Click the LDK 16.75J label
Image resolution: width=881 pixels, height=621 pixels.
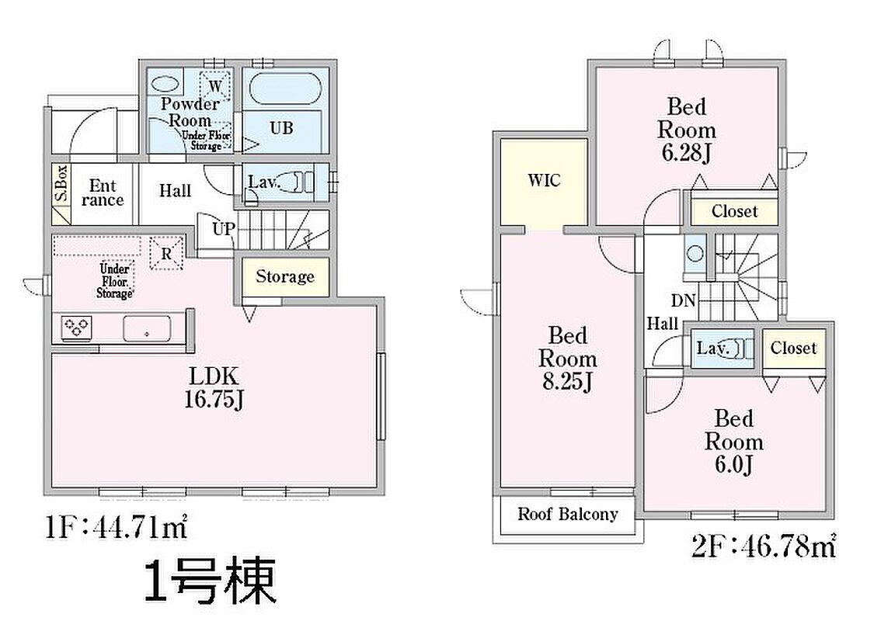(x=214, y=387)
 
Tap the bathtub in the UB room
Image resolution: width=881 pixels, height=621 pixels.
(x=285, y=88)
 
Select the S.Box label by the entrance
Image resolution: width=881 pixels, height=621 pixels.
(x=61, y=183)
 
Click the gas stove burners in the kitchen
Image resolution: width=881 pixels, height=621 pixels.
(x=76, y=327)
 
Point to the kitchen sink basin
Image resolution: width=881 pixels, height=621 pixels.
(x=147, y=328)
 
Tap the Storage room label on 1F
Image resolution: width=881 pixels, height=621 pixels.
(x=285, y=276)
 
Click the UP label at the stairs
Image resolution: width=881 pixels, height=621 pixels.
(x=223, y=229)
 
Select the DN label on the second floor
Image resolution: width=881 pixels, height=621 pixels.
(x=683, y=301)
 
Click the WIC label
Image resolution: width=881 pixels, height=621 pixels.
(x=544, y=180)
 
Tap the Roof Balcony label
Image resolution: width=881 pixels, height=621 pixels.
(x=567, y=514)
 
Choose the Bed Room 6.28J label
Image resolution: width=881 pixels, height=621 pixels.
(x=687, y=130)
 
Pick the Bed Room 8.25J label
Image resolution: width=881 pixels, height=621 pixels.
(x=567, y=358)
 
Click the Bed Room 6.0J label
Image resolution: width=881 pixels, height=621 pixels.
(x=734, y=442)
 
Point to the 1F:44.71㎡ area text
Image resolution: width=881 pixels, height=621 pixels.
(x=116, y=529)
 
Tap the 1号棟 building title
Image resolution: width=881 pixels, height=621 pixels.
(x=210, y=581)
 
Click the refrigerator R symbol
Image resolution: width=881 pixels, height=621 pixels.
(x=166, y=254)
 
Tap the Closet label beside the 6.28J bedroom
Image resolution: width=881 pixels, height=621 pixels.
(x=734, y=212)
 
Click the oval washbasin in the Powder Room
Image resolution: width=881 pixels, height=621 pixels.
(x=165, y=84)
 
